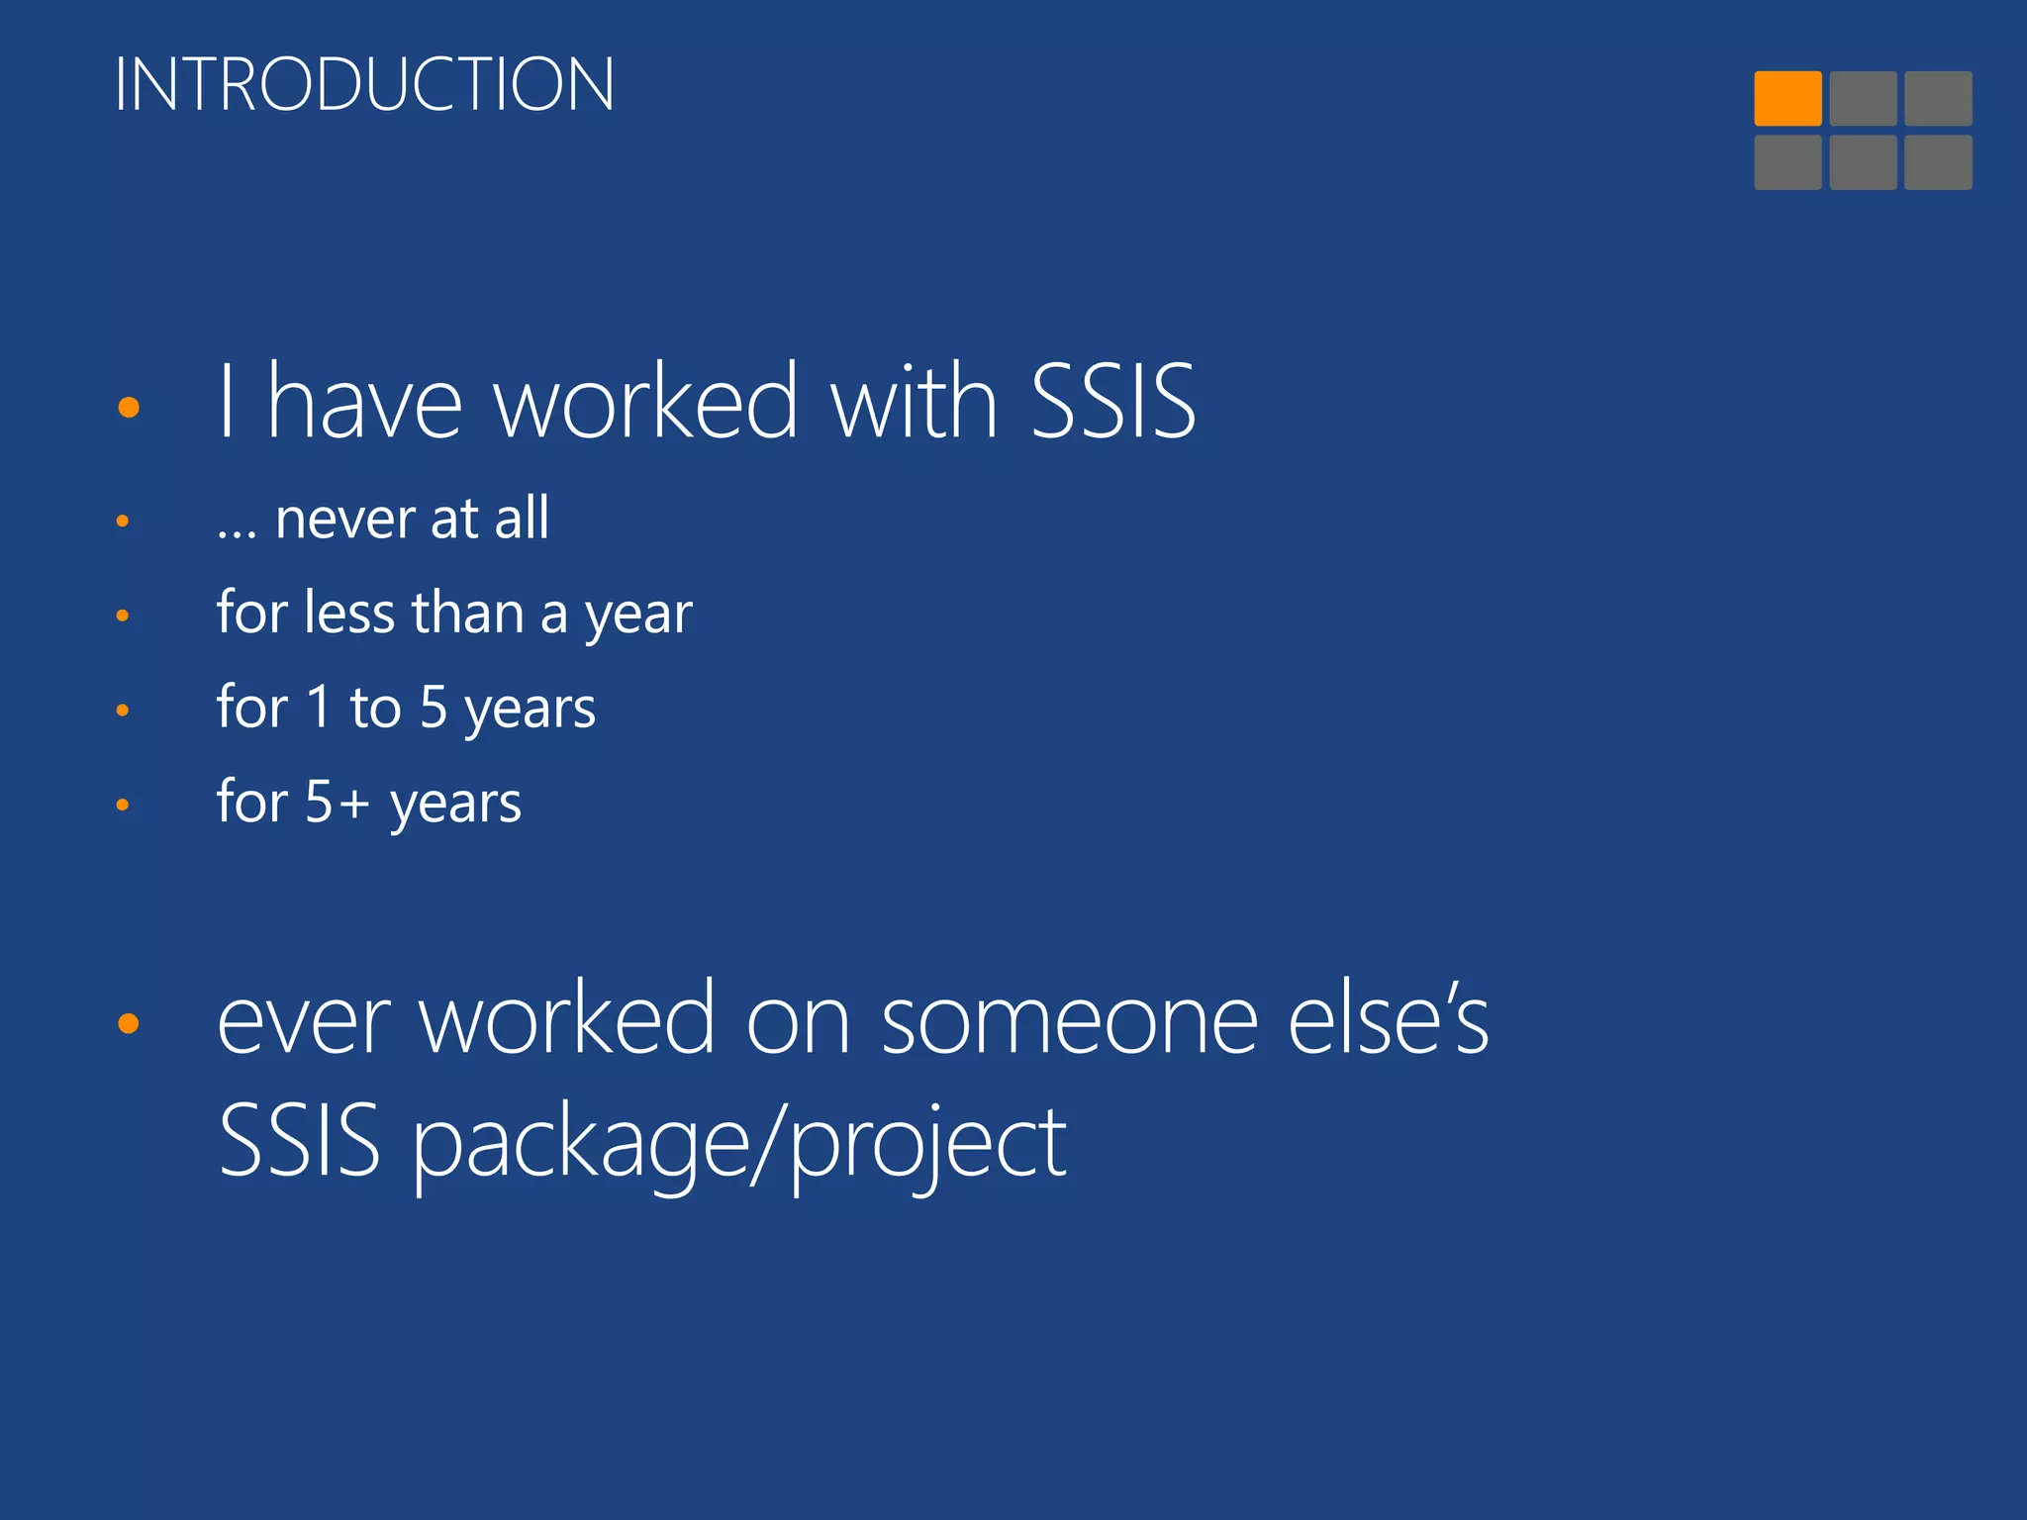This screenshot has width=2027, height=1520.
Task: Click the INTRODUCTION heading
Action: (364, 84)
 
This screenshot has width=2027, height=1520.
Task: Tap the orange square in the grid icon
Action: (1787, 98)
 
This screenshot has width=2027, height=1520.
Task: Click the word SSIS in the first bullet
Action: (1112, 401)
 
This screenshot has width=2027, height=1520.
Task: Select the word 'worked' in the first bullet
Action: (645, 401)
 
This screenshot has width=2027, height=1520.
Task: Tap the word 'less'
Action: (350, 613)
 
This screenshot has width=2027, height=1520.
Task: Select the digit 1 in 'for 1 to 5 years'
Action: (318, 707)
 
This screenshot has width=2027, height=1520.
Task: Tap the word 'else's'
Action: (1388, 1019)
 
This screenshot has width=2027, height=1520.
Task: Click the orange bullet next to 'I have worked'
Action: (128, 407)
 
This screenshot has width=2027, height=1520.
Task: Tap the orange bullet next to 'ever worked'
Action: (128, 1023)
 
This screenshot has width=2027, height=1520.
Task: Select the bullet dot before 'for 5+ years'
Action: (123, 805)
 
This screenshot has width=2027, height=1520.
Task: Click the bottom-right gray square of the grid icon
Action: (1937, 162)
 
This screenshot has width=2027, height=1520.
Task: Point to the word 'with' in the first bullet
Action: (914, 401)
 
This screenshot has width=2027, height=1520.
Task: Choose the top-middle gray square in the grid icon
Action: (1863, 98)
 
